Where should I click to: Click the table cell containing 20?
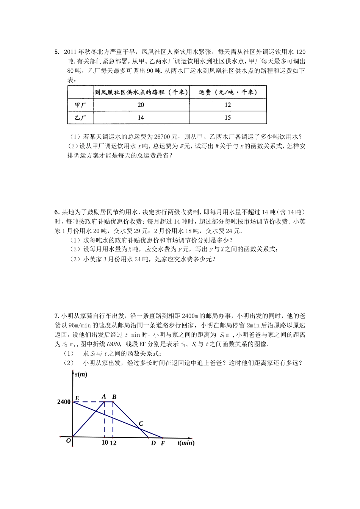[x=141, y=105]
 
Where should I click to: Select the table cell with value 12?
[x=227, y=105]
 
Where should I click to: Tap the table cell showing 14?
[x=141, y=117]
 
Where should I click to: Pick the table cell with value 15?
[x=227, y=117]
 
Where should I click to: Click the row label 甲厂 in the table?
[x=80, y=105]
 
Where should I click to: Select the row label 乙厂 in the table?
[x=80, y=118]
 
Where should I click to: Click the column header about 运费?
[x=227, y=92]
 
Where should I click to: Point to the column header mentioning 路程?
[x=141, y=92]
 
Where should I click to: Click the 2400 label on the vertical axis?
[x=64, y=402]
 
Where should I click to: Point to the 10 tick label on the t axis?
[x=105, y=442]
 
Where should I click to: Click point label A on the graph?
[x=104, y=397]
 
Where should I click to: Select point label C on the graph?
[x=141, y=423]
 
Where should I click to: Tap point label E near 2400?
[x=77, y=398]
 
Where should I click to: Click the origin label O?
[x=69, y=441]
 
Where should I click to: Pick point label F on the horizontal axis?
[x=163, y=443]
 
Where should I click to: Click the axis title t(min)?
[x=186, y=442]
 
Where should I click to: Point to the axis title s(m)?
[x=81, y=374]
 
